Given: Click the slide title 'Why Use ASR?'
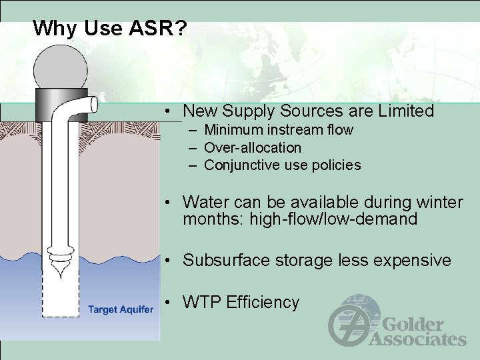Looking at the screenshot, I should coord(110,28).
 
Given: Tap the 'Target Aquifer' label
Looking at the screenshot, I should coord(120,308).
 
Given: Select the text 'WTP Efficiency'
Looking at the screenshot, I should coord(241,303).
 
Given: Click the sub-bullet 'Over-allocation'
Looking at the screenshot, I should coord(253,147).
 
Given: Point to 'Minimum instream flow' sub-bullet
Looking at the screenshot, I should coord(278,129).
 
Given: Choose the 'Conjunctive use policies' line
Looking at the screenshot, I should coord(282,165).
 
